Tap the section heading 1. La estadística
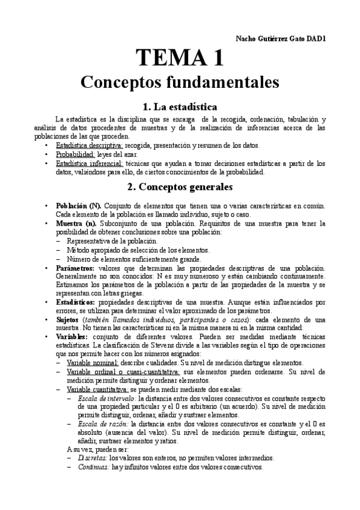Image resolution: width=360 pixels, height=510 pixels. [180, 108]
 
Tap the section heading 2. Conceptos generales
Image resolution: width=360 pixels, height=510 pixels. [180, 187]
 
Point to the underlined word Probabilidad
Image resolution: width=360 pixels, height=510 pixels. [75, 154]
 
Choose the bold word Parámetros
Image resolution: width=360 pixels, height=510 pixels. [75, 267]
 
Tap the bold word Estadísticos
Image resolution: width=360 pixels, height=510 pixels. [75, 303]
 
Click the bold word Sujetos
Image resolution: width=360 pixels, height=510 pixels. [67, 320]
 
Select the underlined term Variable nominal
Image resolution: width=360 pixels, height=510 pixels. [93, 363]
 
